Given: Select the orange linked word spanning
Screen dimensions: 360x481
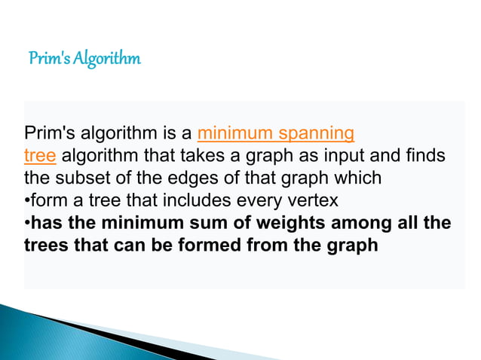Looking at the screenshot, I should click(316, 135).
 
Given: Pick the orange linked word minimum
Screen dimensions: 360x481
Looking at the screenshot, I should click(235, 135).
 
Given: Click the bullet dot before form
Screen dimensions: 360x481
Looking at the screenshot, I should click(27, 202).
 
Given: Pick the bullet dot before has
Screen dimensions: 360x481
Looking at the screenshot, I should click(27, 224).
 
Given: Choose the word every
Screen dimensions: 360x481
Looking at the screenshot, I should click(280, 201).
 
